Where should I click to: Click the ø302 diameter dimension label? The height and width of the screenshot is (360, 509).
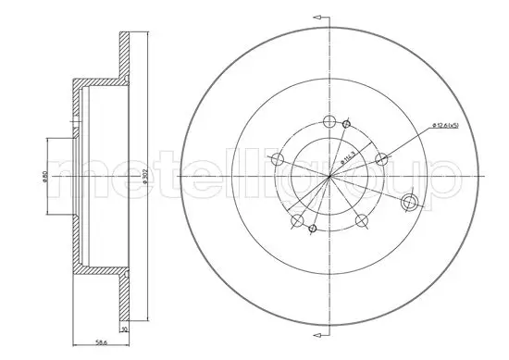tap(146, 175)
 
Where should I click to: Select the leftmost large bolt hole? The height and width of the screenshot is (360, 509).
tap(276, 161)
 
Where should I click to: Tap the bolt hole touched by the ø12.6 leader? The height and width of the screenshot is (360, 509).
tap(379, 159)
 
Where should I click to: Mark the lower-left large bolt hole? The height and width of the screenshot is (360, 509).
tap(296, 220)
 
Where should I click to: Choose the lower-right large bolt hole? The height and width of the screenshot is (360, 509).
tap(360, 220)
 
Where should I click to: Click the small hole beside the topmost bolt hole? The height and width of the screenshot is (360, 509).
tap(346, 124)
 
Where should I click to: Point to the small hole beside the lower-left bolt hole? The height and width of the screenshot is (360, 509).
tap(313, 228)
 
